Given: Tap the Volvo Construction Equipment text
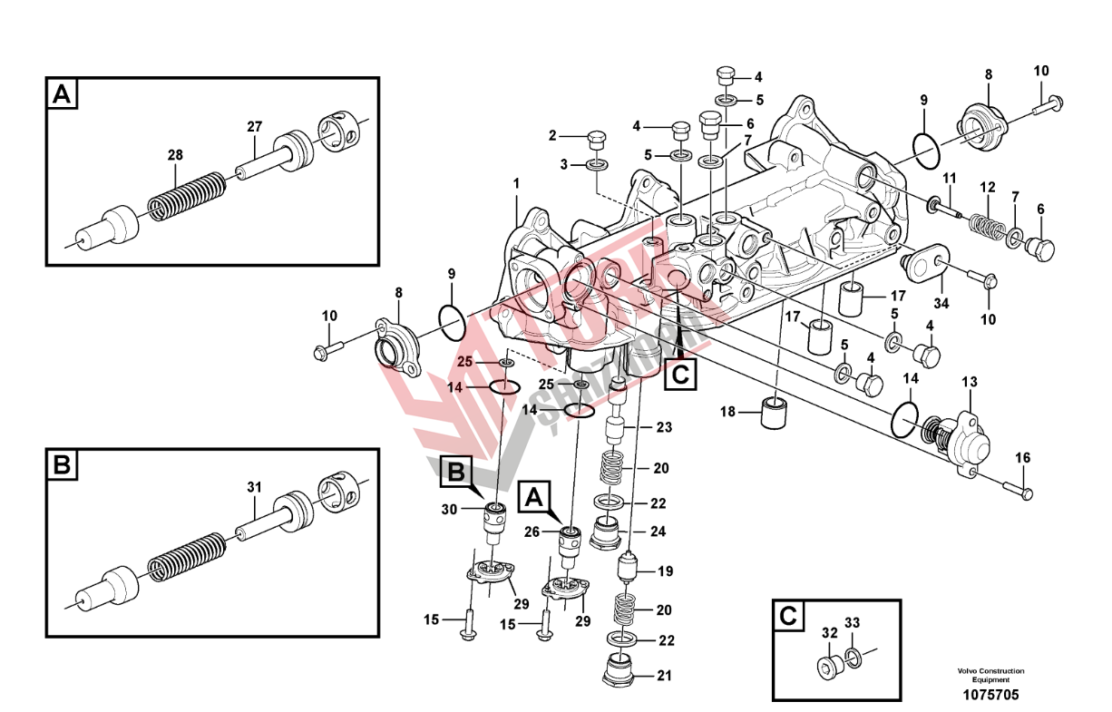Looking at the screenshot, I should click(990, 675).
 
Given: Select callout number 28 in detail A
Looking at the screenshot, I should click(174, 155).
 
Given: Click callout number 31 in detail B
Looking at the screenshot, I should click(254, 487).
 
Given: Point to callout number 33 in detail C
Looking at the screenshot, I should click(852, 623).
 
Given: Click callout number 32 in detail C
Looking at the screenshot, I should click(828, 632).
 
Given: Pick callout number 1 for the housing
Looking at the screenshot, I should click(515, 183).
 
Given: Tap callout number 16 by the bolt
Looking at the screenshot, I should click(1023, 458).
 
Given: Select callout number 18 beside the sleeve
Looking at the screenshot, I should click(728, 413).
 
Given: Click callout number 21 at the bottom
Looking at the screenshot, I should click(666, 676).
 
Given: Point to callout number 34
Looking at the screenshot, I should click(941, 304).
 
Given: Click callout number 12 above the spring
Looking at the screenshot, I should click(988, 188).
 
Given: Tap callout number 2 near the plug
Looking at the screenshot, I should click(551, 136).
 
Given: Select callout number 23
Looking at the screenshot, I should click(664, 427).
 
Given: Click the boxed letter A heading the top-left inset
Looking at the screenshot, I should click(62, 93).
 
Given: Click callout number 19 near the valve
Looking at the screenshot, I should click(665, 571).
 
